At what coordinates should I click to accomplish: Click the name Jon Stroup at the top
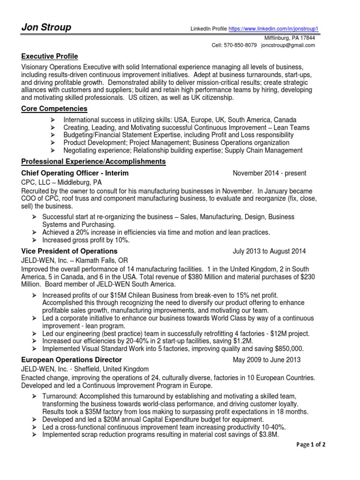coord(46,28)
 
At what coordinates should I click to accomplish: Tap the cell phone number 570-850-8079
coord(241,45)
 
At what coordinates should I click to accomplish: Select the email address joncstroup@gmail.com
coord(288,45)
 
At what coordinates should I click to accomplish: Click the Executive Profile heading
coord(50,56)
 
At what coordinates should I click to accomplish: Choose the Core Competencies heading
coord(54,109)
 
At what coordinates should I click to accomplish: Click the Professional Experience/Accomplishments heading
coord(94,162)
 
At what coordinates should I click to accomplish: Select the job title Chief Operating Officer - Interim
coord(75,173)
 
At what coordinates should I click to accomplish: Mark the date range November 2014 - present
coord(270,173)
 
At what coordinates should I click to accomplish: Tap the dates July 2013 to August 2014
coord(270,251)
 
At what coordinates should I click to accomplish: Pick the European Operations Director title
coord(72,360)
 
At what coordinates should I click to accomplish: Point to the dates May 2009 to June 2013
coord(267,360)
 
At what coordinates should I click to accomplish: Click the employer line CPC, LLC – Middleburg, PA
coord(61,182)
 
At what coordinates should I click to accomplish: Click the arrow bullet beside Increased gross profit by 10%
coord(34,240)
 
